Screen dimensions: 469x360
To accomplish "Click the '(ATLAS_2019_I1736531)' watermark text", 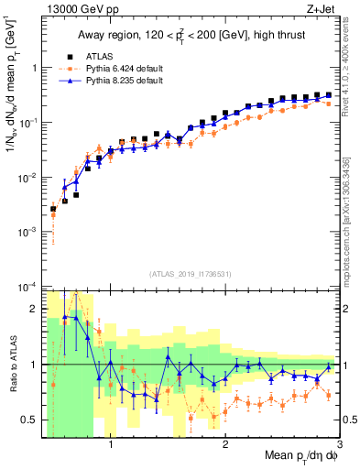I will point(191,273).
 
